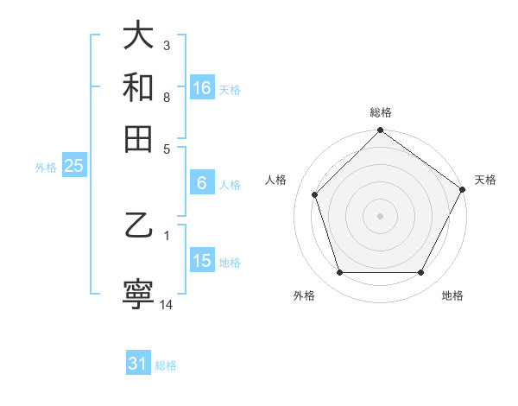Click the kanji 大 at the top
coord(138,36)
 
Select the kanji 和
coord(138,87)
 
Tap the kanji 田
coord(138,138)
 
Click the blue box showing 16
coord(202,88)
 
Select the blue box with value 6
coord(202,183)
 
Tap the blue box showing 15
coord(202,261)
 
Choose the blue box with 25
coord(73,167)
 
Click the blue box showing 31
coord(138,364)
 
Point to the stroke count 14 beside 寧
coord(167,305)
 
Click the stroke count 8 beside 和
coord(167,98)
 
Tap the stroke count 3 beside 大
coord(167,45)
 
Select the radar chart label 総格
coord(380,112)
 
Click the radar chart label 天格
coord(485,180)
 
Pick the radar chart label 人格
coord(276,180)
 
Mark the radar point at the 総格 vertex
coord(380,131)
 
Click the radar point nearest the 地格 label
coord(421,272)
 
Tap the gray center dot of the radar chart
coord(380,215)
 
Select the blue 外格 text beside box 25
coord(45,168)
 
